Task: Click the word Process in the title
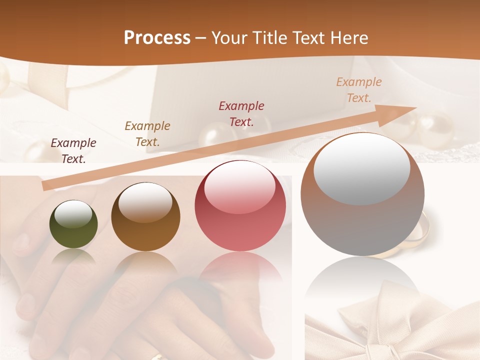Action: (x=157, y=38)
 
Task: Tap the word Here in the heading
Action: (x=348, y=38)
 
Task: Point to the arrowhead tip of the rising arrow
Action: (x=415, y=107)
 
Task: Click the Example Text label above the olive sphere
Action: (x=73, y=150)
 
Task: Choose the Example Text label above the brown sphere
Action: (x=147, y=133)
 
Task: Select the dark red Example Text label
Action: (x=241, y=113)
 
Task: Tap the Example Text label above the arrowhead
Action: (x=359, y=89)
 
